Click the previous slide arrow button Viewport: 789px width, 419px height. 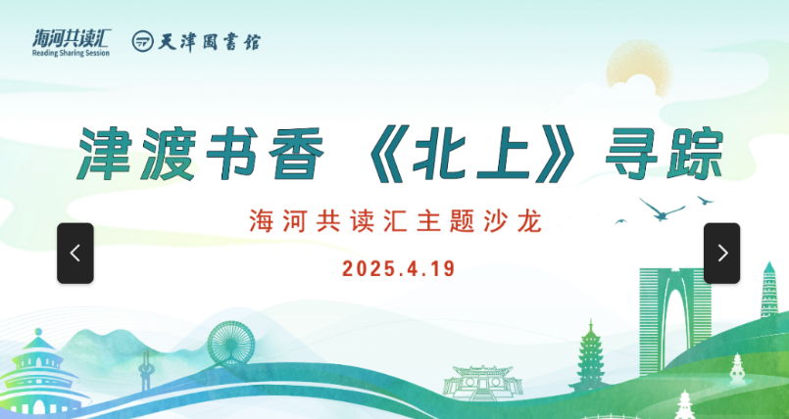[74, 254]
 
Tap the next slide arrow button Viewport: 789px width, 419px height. [721, 254]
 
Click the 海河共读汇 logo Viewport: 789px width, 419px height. [71, 43]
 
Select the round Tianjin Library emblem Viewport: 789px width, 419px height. [142, 41]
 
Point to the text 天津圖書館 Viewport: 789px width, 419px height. [210, 41]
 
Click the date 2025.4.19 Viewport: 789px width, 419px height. [398, 269]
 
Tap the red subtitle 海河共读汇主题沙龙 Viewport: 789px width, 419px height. [396, 221]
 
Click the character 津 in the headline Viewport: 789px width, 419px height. [107, 154]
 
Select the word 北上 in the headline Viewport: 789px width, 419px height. [471, 154]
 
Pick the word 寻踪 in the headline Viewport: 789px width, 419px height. [665, 154]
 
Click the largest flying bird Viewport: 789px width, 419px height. [662, 209]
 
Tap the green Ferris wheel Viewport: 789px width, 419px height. [231, 344]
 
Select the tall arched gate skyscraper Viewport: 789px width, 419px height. [674, 321]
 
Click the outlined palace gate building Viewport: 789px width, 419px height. [482, 383]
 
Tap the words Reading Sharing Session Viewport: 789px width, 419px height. [71, 53]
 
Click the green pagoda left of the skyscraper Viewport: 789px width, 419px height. [590, 355]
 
